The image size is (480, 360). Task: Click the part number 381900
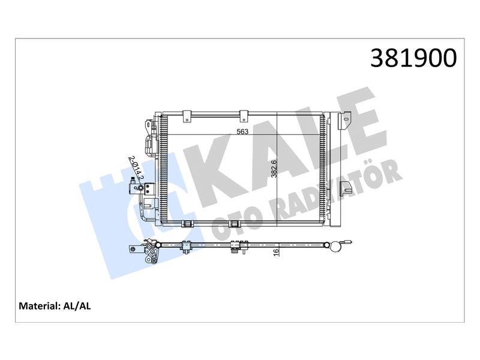413,58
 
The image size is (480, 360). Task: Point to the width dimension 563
242,132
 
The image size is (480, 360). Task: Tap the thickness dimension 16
277,253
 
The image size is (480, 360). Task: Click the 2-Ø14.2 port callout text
136,168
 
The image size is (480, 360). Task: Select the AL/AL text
77,306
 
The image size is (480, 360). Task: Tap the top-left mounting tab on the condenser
187,116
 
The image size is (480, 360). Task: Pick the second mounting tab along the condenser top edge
244,116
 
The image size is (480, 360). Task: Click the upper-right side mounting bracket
344,121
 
